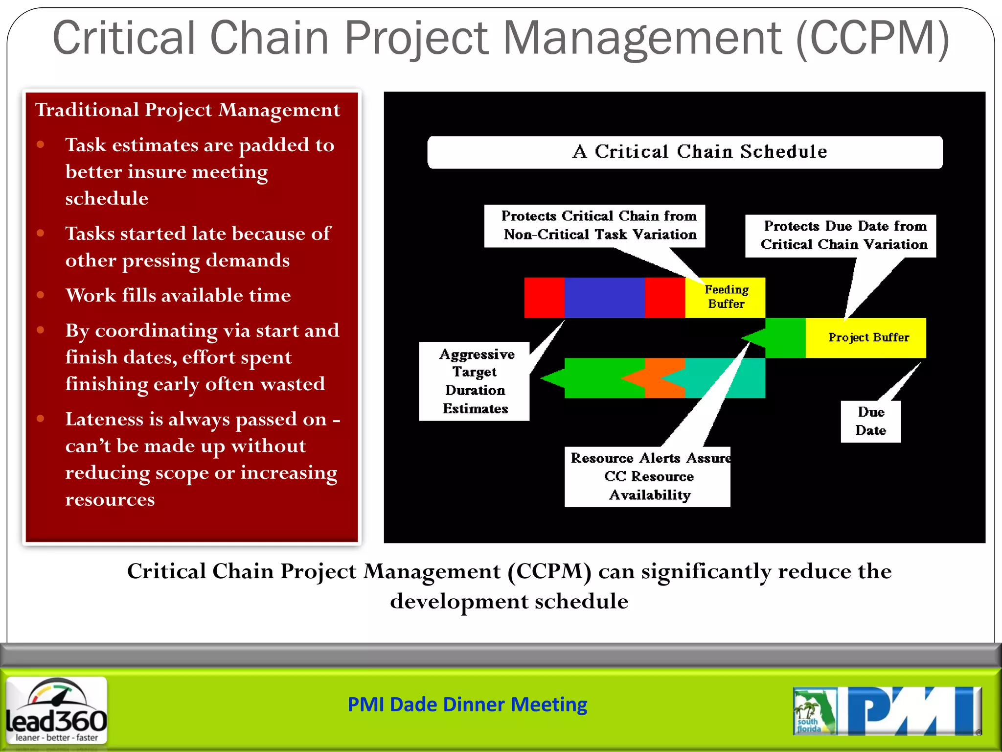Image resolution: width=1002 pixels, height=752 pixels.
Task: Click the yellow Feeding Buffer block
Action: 725,297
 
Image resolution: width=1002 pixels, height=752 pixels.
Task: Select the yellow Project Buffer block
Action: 866,338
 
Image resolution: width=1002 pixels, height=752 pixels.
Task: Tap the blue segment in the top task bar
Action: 604,297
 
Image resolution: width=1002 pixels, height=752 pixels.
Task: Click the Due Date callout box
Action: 870,422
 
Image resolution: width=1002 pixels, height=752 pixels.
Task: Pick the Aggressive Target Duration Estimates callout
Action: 474,381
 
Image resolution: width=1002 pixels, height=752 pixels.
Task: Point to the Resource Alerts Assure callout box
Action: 647,476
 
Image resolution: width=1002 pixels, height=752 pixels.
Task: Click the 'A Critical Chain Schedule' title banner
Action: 685,152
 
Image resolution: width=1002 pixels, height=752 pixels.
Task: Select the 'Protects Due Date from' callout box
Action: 841,235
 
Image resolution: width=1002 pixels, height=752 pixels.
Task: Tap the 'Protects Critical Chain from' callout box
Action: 594,226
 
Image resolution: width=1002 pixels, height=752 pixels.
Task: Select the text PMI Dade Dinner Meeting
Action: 467,705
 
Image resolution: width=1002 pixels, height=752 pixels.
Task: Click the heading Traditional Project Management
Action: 187,110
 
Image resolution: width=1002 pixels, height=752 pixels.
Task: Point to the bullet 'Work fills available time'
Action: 178,295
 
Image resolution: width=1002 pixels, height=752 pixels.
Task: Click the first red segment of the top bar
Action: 544,297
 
